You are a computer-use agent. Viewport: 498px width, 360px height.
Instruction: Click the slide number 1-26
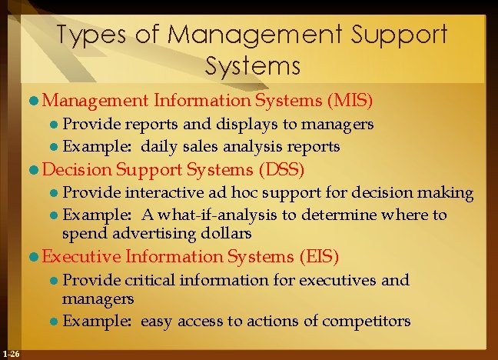(12, 353)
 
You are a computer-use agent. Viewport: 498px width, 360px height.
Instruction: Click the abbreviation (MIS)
(350, 100)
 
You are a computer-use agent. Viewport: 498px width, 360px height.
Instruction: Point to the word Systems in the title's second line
(253, 66)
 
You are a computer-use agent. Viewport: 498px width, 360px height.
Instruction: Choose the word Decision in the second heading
(76, 168)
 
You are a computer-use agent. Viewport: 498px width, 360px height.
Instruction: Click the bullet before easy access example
(55, 321)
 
